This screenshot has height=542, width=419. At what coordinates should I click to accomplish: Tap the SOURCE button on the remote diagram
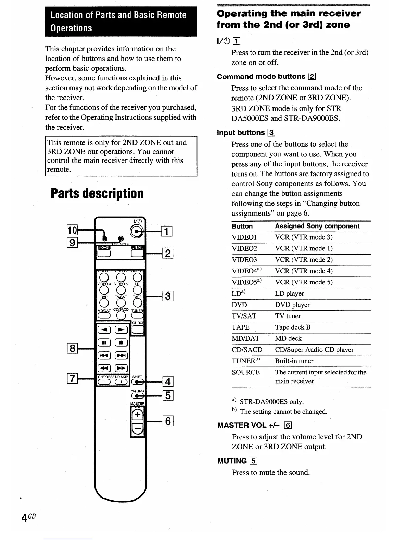[138, 330]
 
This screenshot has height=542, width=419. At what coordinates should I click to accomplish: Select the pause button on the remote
[104, 343]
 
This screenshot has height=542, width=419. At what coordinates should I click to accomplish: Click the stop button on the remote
[121, 343]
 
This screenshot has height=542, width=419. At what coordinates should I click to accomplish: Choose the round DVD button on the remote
[104, 303]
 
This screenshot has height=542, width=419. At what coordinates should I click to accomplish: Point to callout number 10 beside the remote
[72, 230]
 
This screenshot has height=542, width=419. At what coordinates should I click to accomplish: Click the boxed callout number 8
[72, 349]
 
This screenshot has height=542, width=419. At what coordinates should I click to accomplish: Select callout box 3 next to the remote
[168, 296]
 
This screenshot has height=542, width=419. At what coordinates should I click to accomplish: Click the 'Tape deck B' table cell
[293, 327]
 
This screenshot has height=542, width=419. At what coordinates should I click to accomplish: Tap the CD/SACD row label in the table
[247, 350]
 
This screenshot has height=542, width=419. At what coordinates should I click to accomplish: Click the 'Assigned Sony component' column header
[317, 226]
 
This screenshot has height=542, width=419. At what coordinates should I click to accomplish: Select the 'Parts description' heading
[97, 194]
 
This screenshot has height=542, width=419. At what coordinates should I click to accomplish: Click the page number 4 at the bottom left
[24, 518]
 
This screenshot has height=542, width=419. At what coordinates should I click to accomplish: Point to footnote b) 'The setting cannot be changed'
[283, 411]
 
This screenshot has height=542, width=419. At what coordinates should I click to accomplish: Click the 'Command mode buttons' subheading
[261, 77]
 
